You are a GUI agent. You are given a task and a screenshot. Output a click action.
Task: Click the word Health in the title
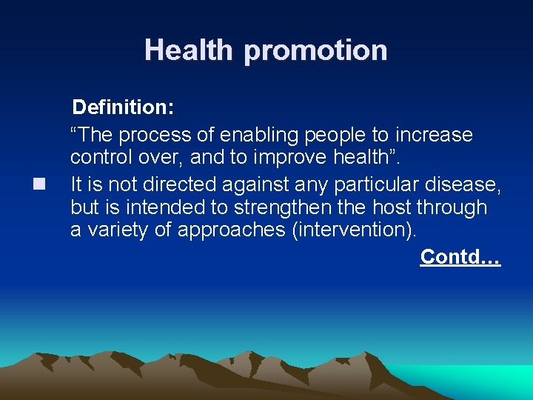(190, 50)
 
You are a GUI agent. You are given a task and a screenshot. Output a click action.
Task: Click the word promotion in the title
(315, 51)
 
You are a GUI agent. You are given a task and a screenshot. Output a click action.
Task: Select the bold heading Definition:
(123, 108)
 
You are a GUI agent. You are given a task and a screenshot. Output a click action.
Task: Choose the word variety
(118, 230)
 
